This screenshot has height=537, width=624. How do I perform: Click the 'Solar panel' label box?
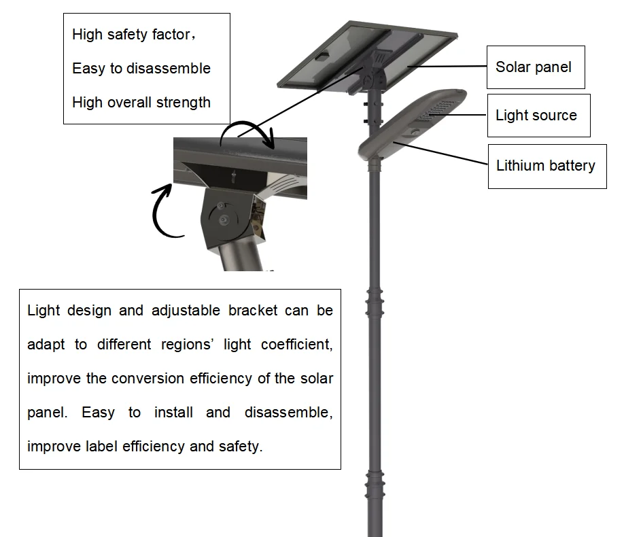point(535,67)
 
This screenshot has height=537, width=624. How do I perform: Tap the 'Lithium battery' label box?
point(546,166)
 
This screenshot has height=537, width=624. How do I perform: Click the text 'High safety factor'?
point(131,35)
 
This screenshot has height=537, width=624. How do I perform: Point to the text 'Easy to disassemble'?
point(141,69)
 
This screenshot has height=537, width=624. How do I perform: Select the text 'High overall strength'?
point(141,103)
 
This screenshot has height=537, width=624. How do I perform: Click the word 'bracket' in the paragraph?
point(253,311)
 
